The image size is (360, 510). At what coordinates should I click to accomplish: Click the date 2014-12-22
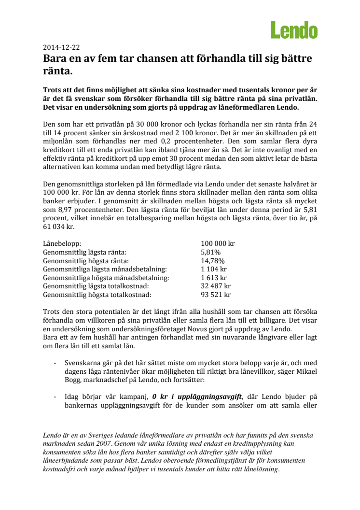pos(61,48)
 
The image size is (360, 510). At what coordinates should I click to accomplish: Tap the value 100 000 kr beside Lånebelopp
pos(218,244)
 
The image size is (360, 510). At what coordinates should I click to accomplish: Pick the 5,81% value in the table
pos(210,252)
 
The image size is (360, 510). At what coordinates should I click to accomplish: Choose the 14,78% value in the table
pos(212,261)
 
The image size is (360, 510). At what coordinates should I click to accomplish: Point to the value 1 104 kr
pos(214,269)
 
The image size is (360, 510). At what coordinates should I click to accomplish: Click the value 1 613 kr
pos(214,278)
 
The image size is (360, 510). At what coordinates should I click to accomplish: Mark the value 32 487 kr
pos(216,286)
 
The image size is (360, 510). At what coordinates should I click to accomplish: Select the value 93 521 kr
pos(216,295)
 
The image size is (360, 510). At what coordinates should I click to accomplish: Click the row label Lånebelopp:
pos(62,244)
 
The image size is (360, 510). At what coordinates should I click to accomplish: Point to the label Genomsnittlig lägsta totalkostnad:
pos(97,286)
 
